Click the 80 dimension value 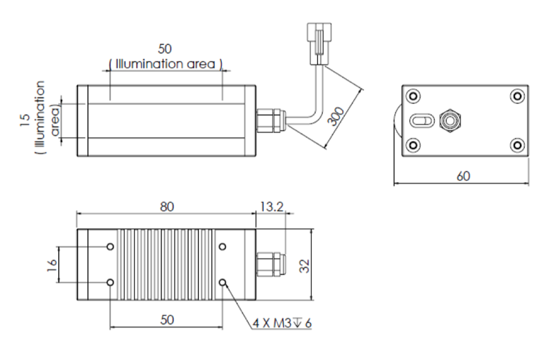[x=166, y=206]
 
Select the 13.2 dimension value [x=272, y=206]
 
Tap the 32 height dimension [x=303, y=267]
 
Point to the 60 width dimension [x=463, y=176]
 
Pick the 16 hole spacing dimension [x=51, y=264]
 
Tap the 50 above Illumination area [x=166, y=49]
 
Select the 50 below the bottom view [x=166, y=319]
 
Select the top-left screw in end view [x=413, y=96]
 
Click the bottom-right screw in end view [x=516, y=145]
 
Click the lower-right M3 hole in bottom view [x=223, y=282]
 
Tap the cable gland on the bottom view [x=269, y=265]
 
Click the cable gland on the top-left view [x=268, y=120]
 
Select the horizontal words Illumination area [x=166, y=64]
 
